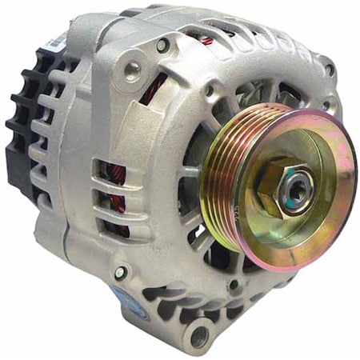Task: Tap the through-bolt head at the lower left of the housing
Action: pyautogui.click(x=120, y=273)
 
